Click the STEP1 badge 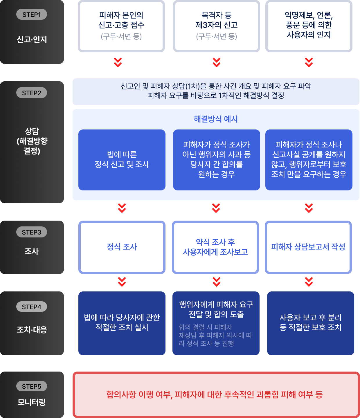[32, 14]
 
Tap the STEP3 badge [32, 232]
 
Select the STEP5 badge [32, 386]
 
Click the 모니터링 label [32, 402]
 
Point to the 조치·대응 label [32, 330]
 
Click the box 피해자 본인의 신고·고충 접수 [121, 26]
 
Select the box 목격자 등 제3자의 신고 [217, 26]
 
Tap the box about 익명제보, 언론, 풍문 [309, 26]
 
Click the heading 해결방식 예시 [216, 119]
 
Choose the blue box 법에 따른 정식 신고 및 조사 [122, 160]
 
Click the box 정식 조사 [122, 247]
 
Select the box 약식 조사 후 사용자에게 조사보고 [215, 247]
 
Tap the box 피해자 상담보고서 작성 [308, 247]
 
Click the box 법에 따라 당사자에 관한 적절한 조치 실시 [122, 323]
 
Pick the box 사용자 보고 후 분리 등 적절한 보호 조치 [310, 323]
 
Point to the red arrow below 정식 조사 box [122, 282]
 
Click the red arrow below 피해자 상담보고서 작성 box [309, 282]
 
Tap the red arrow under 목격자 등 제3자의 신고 [217, 62]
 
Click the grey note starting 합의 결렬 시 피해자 [215, 335]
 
